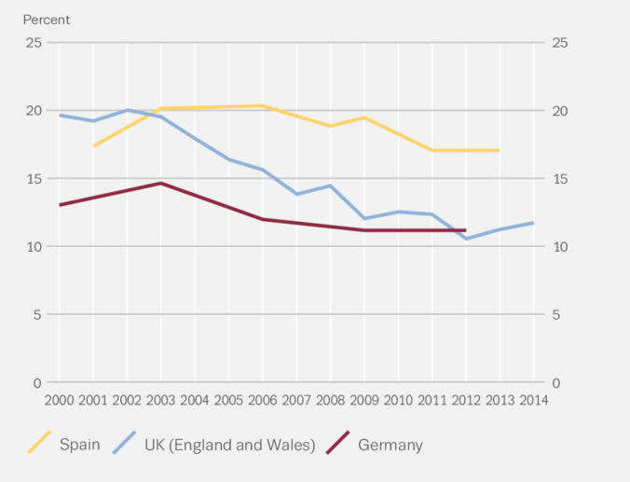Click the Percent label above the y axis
pyautogui.click(x=47, y=20)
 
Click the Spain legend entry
pyautogui.click(x=79, y=445)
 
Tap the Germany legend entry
pyautogui.click(x=390, y=445)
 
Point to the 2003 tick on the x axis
pyautogui.click(x=161, y=400)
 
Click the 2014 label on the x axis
pyautogui.click(x=534, y=400)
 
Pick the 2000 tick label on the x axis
pyautogui.click(x=60, y=400)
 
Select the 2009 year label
pyautogui.click(x=364, y=400)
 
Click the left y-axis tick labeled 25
pyautogui.click(x=34, y=43)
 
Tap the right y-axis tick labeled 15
pyautogui.click(x=560, y=179)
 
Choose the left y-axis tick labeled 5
pyautogui.click(x=37, y=315)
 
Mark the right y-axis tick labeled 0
pyautogui.click(x=556, y=383)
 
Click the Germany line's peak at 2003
pyautogui.click(x=161, y=184)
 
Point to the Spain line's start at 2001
pyautogui.click(x=93, y=145)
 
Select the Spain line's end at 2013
pyautogui.click(x=500, y=150)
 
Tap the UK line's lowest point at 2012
pyautogui.click(x=466, y=239)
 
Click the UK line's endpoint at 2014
pyautogui.click(x=534, y=223)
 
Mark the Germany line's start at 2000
pyautogui.click(x=60, y=205)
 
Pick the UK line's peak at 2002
pyautogui.click(x=128, y=110)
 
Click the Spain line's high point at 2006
pyautogui.click(x=263, y=106)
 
